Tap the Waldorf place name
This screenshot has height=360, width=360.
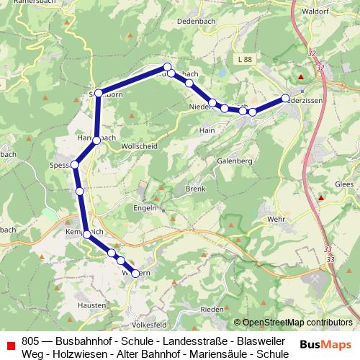(317, 12)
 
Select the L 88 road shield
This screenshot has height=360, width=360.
(244, 59)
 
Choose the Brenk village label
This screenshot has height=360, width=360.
(195, 189)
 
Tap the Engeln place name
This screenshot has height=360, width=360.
(145, 207)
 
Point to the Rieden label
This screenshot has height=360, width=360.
(212, 309)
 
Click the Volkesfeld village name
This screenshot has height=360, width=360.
(150, 325)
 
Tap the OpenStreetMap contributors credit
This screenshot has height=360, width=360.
(297, 323)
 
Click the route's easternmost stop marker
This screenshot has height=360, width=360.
(285, 98)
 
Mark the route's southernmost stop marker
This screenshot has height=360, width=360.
(135, 273)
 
